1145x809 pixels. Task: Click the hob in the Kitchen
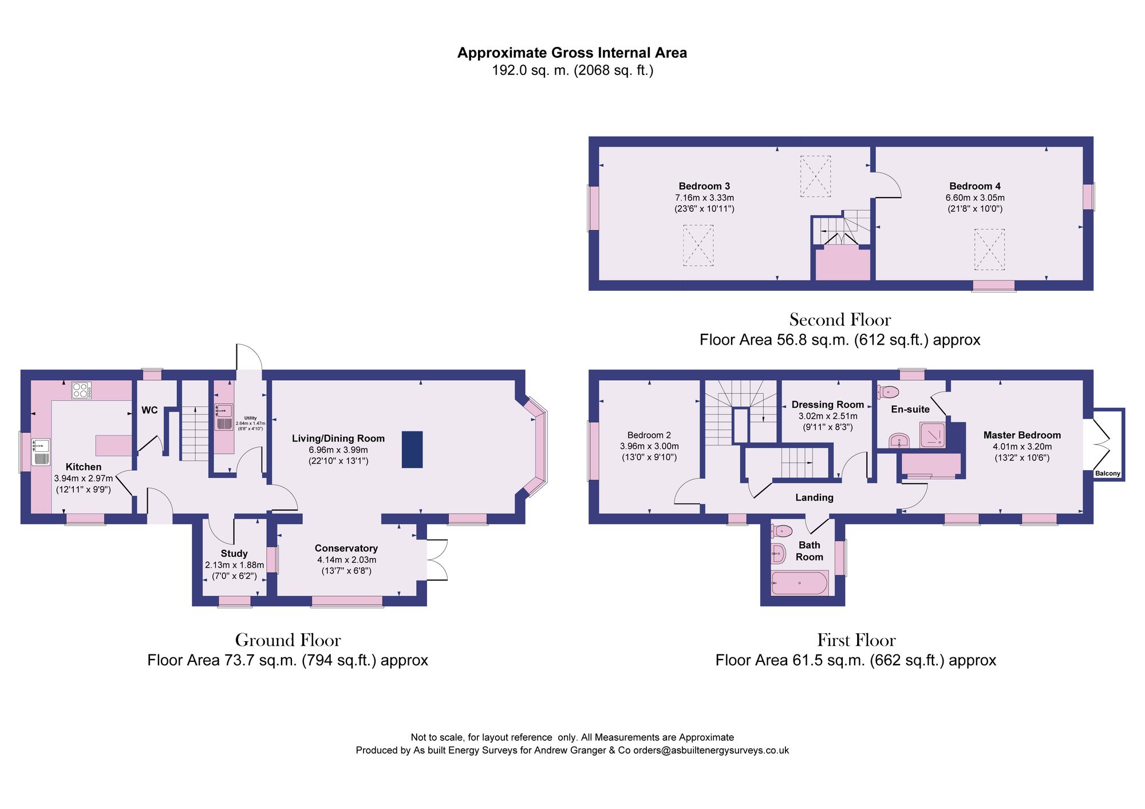point(81,390)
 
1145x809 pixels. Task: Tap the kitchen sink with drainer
point(41,452)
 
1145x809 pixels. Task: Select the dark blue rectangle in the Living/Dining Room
point(412,449)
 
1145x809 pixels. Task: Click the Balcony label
point(1107,473)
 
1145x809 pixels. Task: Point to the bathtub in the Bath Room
point(799,583)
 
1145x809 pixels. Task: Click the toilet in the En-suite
point(888,392)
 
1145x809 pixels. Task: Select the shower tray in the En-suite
point(933,435)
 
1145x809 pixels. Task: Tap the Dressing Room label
point(827,405)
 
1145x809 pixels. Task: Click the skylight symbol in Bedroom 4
point(989,249)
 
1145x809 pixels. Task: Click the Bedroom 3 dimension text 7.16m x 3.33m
point(704,198)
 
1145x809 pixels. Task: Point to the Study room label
point(234,553)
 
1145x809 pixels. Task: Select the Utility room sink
point(224,410)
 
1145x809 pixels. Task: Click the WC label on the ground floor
point(149,410)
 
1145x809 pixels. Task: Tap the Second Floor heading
point(840,319)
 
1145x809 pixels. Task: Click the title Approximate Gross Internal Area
point(572,53)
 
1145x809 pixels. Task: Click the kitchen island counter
point(113,445)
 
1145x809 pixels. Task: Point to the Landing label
point(814,498)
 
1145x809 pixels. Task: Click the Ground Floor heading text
point(287,640)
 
